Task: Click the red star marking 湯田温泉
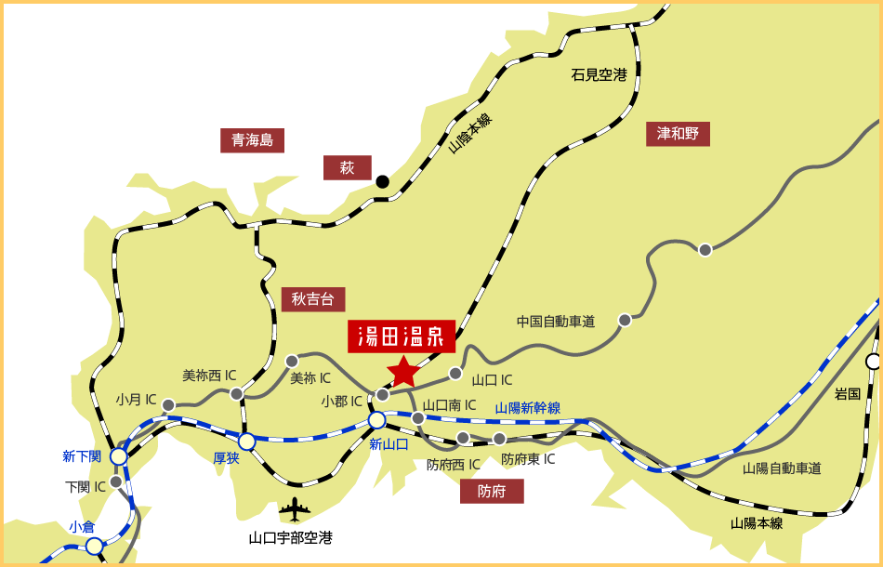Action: point(403,371)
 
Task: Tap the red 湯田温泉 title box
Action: point(402,336)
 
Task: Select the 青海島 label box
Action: point(252,140)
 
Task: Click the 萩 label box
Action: point(347,167)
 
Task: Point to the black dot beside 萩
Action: point(382,181)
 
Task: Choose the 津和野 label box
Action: point(678,134)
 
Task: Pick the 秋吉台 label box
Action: point(312,298)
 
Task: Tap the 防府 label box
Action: point(492,491)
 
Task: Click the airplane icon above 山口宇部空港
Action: point(295,509)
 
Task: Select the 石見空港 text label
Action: point(599,75)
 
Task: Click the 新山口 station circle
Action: point(377,420)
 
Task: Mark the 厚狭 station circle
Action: point(247,441)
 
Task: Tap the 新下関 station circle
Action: point(119,456)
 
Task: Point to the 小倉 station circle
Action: point(95,546)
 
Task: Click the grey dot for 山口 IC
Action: point(455,374)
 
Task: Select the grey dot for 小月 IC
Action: point(168,405)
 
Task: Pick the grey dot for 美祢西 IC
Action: point(237,394)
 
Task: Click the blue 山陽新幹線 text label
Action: point(527,407)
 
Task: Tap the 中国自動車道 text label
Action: point(556,322)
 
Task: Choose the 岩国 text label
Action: point(847,394)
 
